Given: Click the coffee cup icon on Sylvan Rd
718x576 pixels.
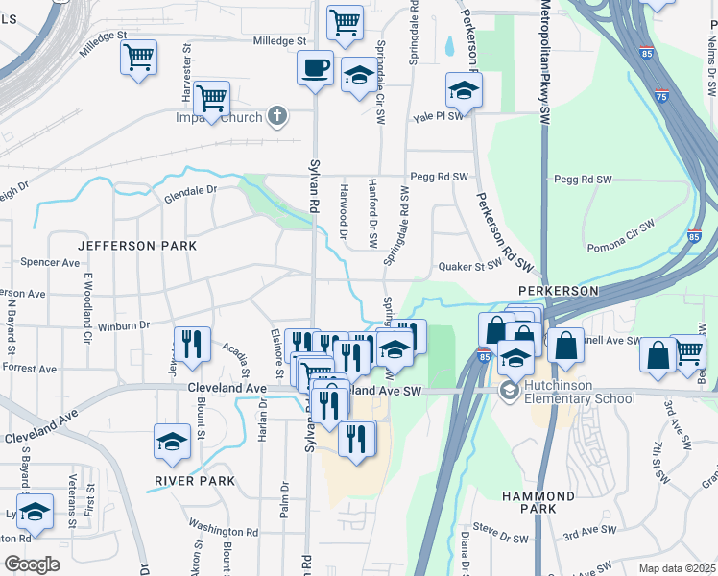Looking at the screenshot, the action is click(x=315, y=68).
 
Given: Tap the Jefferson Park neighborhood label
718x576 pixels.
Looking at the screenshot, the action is click(x=136, y=246).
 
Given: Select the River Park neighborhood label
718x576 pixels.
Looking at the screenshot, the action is click(x=194, y=480).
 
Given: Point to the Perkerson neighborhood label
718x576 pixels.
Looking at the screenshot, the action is click(x=559, y=290).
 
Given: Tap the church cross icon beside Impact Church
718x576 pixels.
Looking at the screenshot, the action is click(x=277, y=117).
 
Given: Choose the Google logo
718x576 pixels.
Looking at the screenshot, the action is click(x=32, y=564).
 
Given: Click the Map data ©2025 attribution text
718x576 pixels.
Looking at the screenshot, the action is click(x=677, y=568).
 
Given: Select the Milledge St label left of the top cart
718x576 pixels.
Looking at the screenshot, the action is click(x=278, y=41).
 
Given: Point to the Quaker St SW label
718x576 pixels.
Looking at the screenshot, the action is click(x=470, y=264).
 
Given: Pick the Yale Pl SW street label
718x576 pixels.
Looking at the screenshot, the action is click(x=439, y=116).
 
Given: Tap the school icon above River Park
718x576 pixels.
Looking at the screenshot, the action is click(x=172, y=442).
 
